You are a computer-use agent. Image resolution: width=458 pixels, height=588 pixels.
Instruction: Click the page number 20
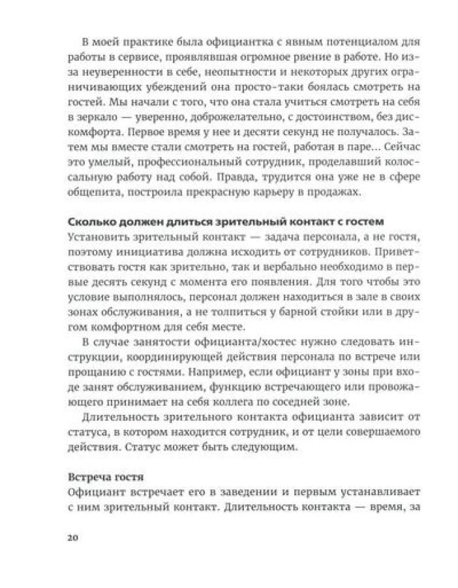72,538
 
